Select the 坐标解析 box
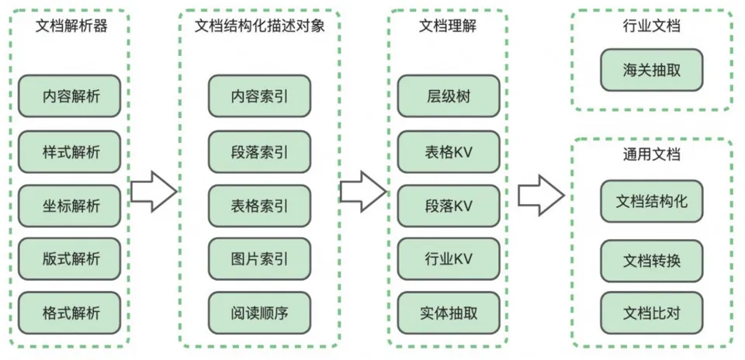point(71,206)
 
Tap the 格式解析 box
point(71,313)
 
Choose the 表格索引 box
point(259,206)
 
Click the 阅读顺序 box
point(259,313)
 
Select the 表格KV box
point(448,151)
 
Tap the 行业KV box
point(448,259)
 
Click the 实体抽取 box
point(448,313)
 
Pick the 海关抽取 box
point(652,71)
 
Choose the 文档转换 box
point(652,259)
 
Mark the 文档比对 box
point(652,313)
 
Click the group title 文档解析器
point(71,26)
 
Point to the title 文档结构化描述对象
point(259,26)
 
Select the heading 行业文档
point(652,26)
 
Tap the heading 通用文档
point(652,154)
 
